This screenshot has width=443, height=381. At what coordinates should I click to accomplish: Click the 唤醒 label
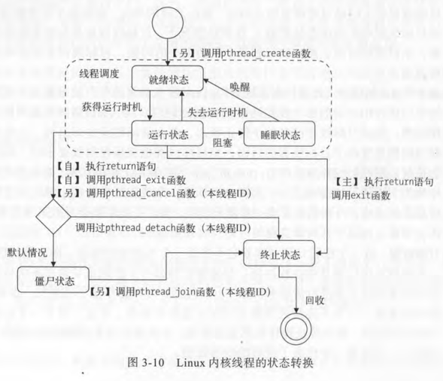click(240, 87)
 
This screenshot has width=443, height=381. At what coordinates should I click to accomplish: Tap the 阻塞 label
click(223, 143)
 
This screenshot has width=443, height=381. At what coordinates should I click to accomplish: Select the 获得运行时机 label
click(112, 107)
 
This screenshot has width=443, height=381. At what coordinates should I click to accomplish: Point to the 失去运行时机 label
click(217, 112)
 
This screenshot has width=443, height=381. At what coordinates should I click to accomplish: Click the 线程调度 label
click(99, 74)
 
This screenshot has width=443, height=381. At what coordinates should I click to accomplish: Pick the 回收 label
click(314, 300)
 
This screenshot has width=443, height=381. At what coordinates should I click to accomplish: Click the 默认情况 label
click(27, 252)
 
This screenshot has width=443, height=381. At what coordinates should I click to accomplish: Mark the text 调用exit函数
click(361, 195)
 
